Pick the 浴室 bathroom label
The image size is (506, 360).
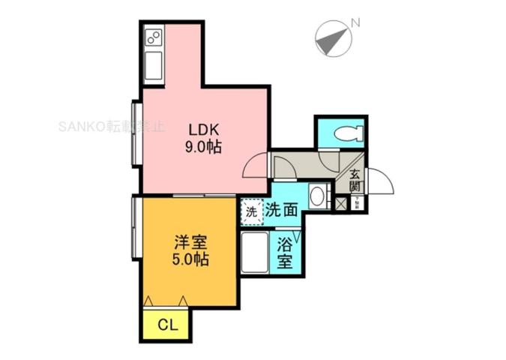(x=285, y=253)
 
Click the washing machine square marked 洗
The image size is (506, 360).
(x=251, y=211)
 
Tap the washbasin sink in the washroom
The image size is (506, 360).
(x=317, y=197)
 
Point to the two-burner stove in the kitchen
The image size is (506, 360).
(x=154, y=36)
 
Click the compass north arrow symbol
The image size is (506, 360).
(x=333, y=38)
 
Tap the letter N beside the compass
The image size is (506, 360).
(x=355, y=22)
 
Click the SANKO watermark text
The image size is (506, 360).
(x=111, y=126)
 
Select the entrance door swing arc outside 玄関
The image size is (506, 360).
(x=379, y=181)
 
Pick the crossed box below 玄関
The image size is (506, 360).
(x=341, y=202)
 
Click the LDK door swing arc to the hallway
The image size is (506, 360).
(x=255, y=166)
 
